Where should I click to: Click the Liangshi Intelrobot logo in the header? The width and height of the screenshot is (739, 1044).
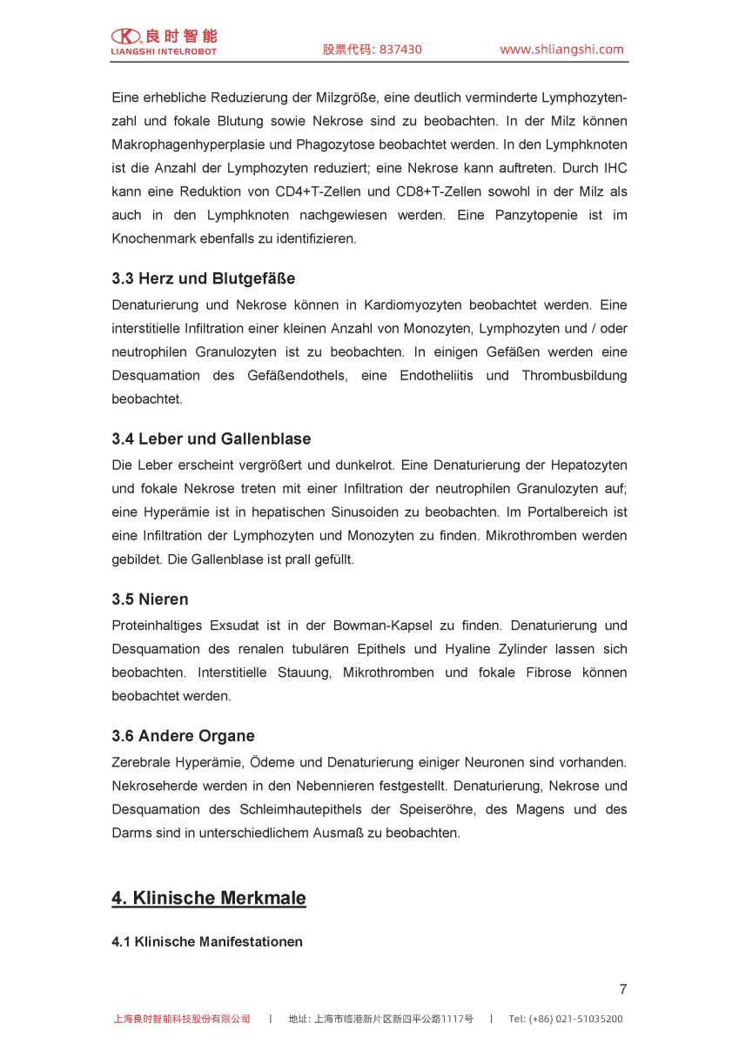tap(164, 41)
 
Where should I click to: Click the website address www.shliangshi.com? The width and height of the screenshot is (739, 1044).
tap(561, 50)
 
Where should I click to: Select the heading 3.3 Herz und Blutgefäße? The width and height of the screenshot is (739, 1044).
tap(203, 278)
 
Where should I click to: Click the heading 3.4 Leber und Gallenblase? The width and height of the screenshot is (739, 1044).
tap(211, 438)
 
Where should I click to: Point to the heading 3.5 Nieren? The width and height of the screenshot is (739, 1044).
tap(150, 599)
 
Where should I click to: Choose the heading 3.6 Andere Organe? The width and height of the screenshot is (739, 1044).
tap(183, 736)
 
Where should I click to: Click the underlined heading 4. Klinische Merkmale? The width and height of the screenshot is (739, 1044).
tap(208, 898)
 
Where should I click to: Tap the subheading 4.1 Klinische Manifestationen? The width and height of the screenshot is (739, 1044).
tap(207, 942)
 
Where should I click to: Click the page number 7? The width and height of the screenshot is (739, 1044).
tap(622, 989)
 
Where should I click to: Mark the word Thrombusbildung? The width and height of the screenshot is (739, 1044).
tap(574, 376)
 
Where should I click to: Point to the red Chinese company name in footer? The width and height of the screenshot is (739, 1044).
tap(182, 1019)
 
